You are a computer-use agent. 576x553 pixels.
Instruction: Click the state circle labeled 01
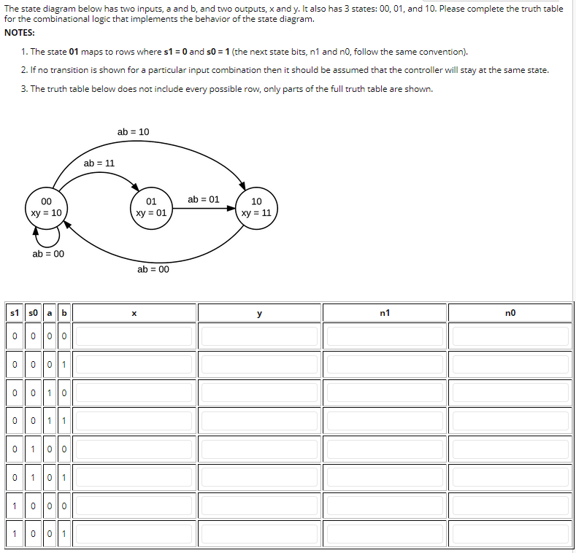tap(151, 207)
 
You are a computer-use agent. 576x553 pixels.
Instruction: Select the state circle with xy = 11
tap(256, 207)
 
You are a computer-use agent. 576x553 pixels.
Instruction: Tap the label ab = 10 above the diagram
tap(133, 132)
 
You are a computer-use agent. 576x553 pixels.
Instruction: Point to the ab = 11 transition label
tap(99, 163)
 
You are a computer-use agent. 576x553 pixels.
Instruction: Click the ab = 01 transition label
tap(204, 199)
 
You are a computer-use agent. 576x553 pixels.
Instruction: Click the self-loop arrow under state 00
tap(47, 237)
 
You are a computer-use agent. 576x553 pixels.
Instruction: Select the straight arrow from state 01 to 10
tap(204, 208)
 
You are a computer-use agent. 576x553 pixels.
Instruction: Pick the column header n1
tap(385, 313)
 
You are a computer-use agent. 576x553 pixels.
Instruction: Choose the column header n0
tap(510, 313)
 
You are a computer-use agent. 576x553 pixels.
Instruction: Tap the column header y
tap(259, 313)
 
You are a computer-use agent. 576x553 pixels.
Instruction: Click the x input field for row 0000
tap(134, 336)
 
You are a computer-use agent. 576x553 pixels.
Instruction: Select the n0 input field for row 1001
tap(510, 533)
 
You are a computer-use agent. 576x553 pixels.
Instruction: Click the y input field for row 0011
tap(259, 421)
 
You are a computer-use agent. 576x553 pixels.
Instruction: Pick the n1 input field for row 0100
tap(385, 449)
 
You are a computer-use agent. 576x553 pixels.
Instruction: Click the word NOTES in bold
tap(20, 33)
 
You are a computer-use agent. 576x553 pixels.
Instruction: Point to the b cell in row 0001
tap(64, 365)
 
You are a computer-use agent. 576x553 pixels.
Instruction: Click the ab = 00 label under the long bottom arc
tap(153, 269)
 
